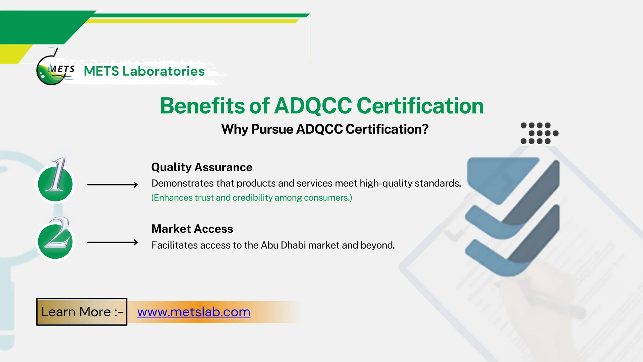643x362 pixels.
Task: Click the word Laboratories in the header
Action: [163, 71]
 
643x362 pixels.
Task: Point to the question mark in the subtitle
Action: [425, 129]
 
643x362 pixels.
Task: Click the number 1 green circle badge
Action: [55, 184]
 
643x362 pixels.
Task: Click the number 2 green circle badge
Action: [55, 241]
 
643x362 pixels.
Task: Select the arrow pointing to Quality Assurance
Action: [112, 185]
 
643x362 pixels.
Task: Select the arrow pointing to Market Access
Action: [112, 242]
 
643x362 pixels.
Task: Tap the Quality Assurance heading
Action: [202, 167]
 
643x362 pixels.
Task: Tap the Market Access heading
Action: [192, 229]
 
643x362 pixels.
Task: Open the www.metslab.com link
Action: [194, 312]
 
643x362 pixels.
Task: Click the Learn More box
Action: [82, 312]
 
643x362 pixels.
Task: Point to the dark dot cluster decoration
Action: [539, 133]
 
